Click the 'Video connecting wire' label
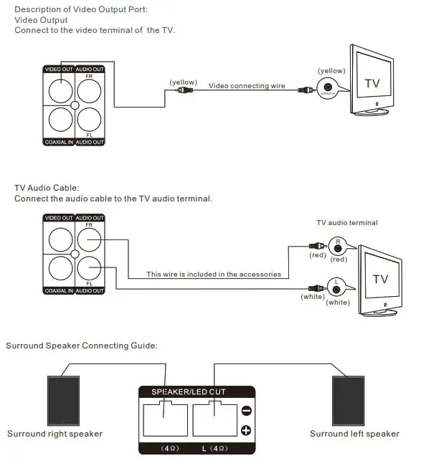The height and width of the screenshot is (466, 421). tap(247, 86)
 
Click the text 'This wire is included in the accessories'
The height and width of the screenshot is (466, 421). tap(214, 274)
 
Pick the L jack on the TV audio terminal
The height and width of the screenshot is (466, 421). tap(336, 289)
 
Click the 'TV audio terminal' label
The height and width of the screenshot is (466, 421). tap(346, 223)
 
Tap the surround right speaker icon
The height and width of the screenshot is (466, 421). tap(64, 400)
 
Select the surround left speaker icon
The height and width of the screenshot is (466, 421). tap(349, 400)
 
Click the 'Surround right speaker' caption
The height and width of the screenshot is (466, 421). tap(55, 434)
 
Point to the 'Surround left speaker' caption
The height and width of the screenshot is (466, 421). tap(354, 434)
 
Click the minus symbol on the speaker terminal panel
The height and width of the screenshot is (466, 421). tap(246, 411)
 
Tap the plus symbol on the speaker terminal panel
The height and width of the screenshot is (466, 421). tap(246, 430)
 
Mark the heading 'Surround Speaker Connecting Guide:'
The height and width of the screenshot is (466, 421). tap(81, 346)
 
